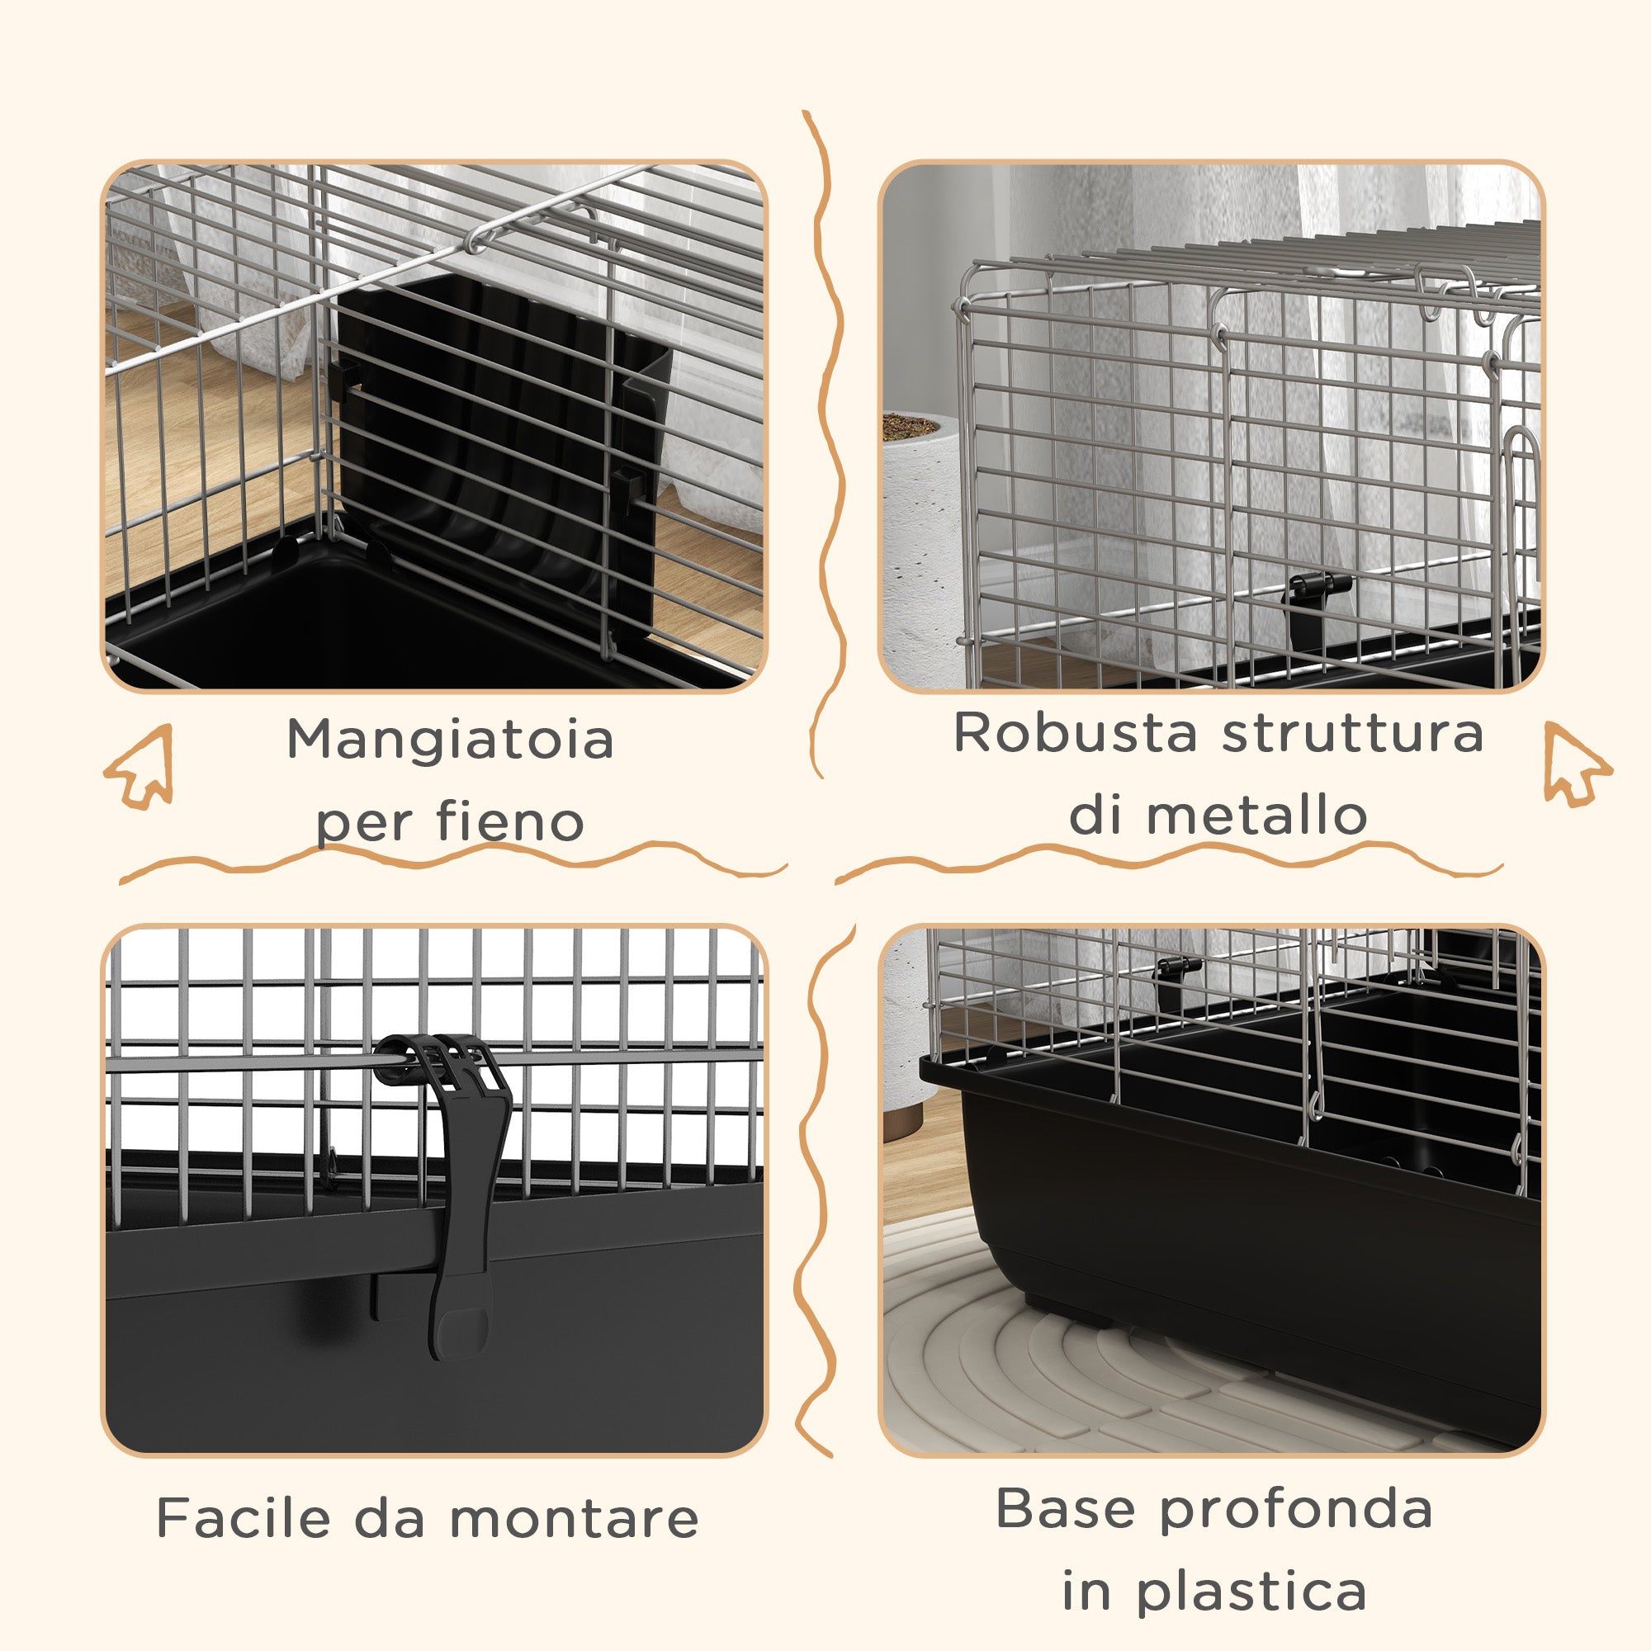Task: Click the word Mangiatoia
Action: click(x=450, y=739)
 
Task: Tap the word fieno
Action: click(x=510, y=821)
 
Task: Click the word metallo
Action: click(x=1256, y=815)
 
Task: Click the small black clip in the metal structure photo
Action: click(x=1317, y=603)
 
